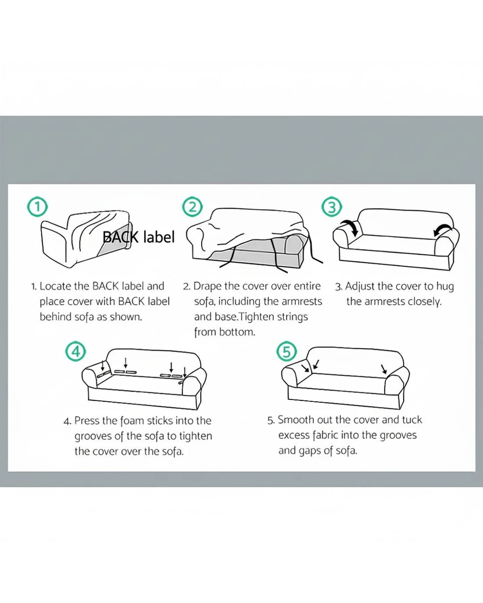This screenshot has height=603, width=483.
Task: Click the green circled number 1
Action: click(x=37, y=207)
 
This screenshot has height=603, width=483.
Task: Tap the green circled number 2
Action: click(x=192, y=207)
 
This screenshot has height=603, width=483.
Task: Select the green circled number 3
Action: click(x=332, y=207)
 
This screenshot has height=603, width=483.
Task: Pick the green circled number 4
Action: click(x=76, y=352)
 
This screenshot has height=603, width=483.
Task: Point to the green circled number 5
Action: click(x=287, y=352)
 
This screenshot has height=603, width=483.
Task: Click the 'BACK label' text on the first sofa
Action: click(x=139, y=237)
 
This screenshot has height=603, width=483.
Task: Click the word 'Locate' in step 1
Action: click(x=56, y=286)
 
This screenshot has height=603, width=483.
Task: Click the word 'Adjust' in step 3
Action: click(x=360, y=287)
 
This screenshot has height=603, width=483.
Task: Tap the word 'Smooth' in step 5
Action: click(x=295, y=420)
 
